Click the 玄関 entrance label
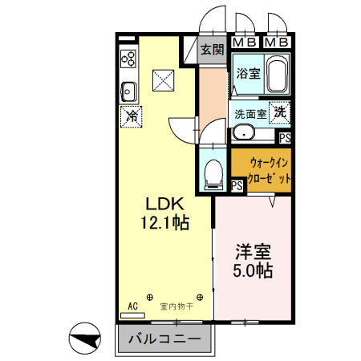pyautogui.click(x=212, y=50)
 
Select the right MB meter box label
pyautogui.click(x=276, y=42)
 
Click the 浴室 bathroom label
pyautogui.click(x=248, y=74)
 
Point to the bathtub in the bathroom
pyautogui.click(x=278, y=76)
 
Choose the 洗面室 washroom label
pyautogui.click(x=249, y=114)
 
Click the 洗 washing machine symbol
pyautogui.click(x=280, y=112)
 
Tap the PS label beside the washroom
pyautogui.click(x=285, y=137)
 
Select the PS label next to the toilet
pyautogui.click(x=237, y=186)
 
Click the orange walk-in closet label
pyautogui.click(x=264, y=168)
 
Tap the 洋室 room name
pyautogui.click(x=253, y=251)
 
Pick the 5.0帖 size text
pyautogui.click(x=253, y=271)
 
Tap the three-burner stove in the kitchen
pyautogui.click(x=128, y=58)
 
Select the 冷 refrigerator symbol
pyautogui.click(x=131, y=116)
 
